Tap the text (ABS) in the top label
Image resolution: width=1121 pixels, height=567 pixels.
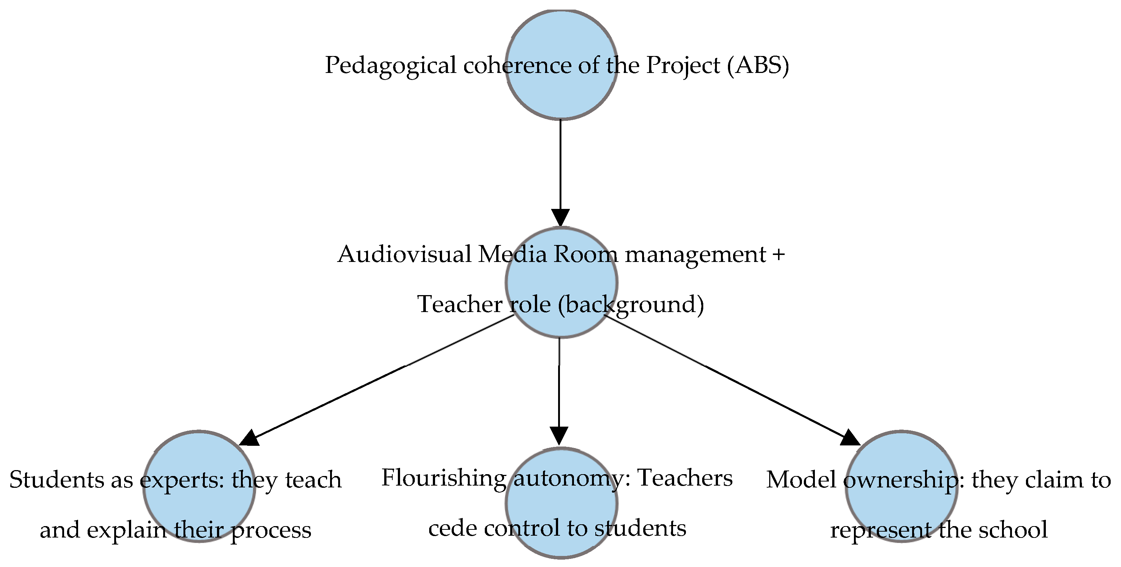758,65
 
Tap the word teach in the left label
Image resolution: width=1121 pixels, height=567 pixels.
313,480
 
